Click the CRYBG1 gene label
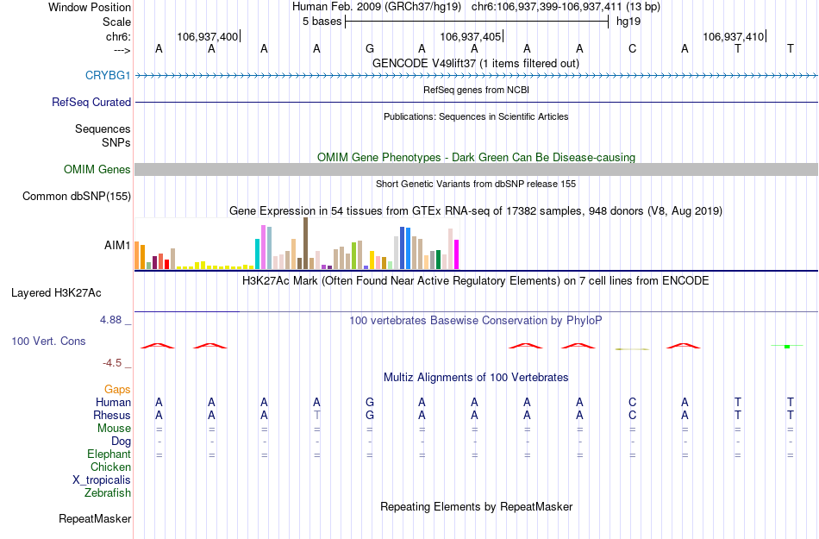108,76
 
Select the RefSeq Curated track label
91,102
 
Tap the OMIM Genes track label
97,169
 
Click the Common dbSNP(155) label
76,197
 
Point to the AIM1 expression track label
117,245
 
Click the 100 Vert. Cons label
48,341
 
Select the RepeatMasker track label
95,518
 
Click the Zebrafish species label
108,493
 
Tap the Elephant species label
109,454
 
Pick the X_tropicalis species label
102,480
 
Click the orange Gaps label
117,390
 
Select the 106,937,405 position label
470,36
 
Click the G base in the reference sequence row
370,48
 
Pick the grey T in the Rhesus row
317,415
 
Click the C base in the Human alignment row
632,402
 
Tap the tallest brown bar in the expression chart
305,243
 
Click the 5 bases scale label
322,22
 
